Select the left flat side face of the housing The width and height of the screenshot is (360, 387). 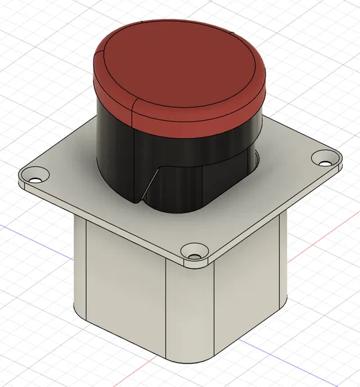124,285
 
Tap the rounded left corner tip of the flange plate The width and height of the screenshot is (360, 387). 20,176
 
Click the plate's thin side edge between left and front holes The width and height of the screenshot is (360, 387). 105,220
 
